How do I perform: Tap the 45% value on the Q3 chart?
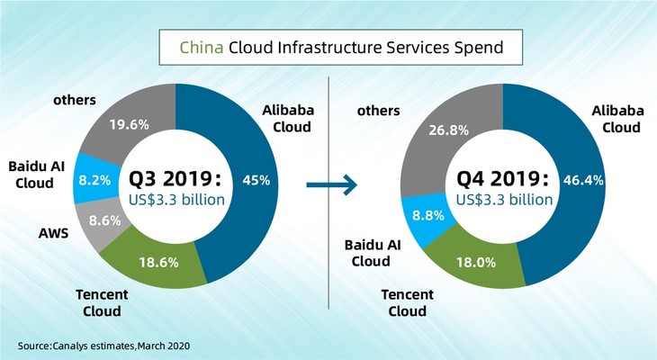click(x=256, y=179)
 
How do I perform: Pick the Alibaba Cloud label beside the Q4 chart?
click(x=616, y=119)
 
